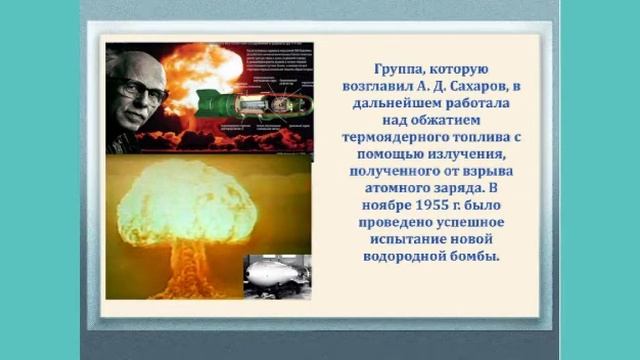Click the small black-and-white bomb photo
tap(275, 273)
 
